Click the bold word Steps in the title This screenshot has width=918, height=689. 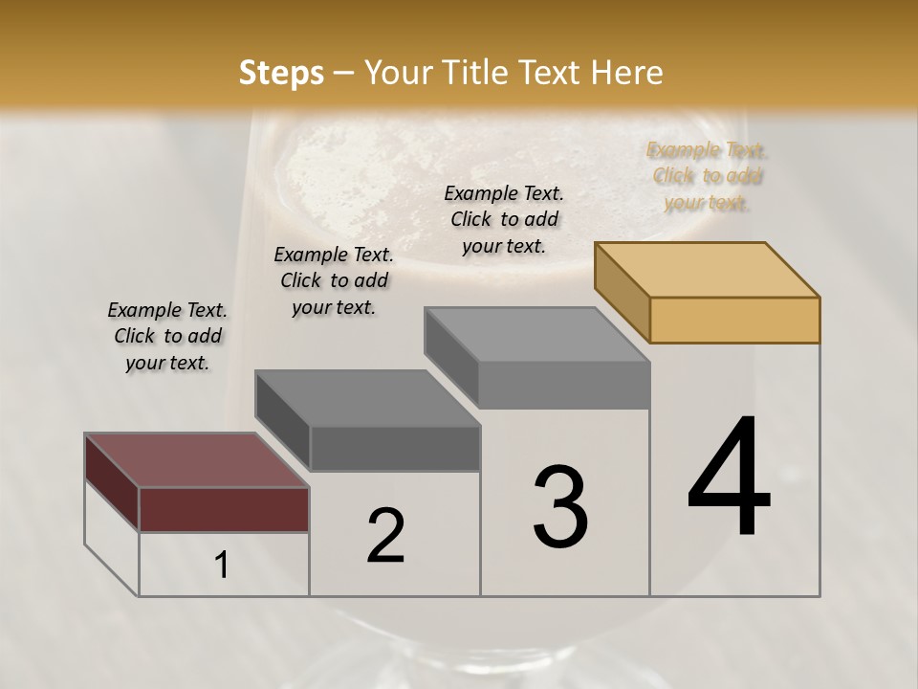click(x=280, y=73)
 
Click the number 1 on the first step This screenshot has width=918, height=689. click(x=222, y=566)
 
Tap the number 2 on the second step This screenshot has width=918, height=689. click(x=385, y=536)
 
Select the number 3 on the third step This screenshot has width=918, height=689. click(x=560, y=507)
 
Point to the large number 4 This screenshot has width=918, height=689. click(x=729, y=478)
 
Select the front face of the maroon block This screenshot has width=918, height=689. click(x=224, y=509)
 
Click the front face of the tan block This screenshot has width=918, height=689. click(x=734, y=320)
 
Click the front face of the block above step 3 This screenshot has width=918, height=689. click(x=564, y=385)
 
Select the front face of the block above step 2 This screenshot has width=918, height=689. click(x=395, y=448)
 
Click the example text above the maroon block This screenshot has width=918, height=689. click(x=167, y=337)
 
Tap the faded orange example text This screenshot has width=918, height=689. click(x=707, y=176)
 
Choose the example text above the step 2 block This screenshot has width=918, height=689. click(x=334, y=280)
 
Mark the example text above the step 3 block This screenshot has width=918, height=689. click(x=504, y=219)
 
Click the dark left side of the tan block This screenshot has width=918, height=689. click(x=622, y=291)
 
